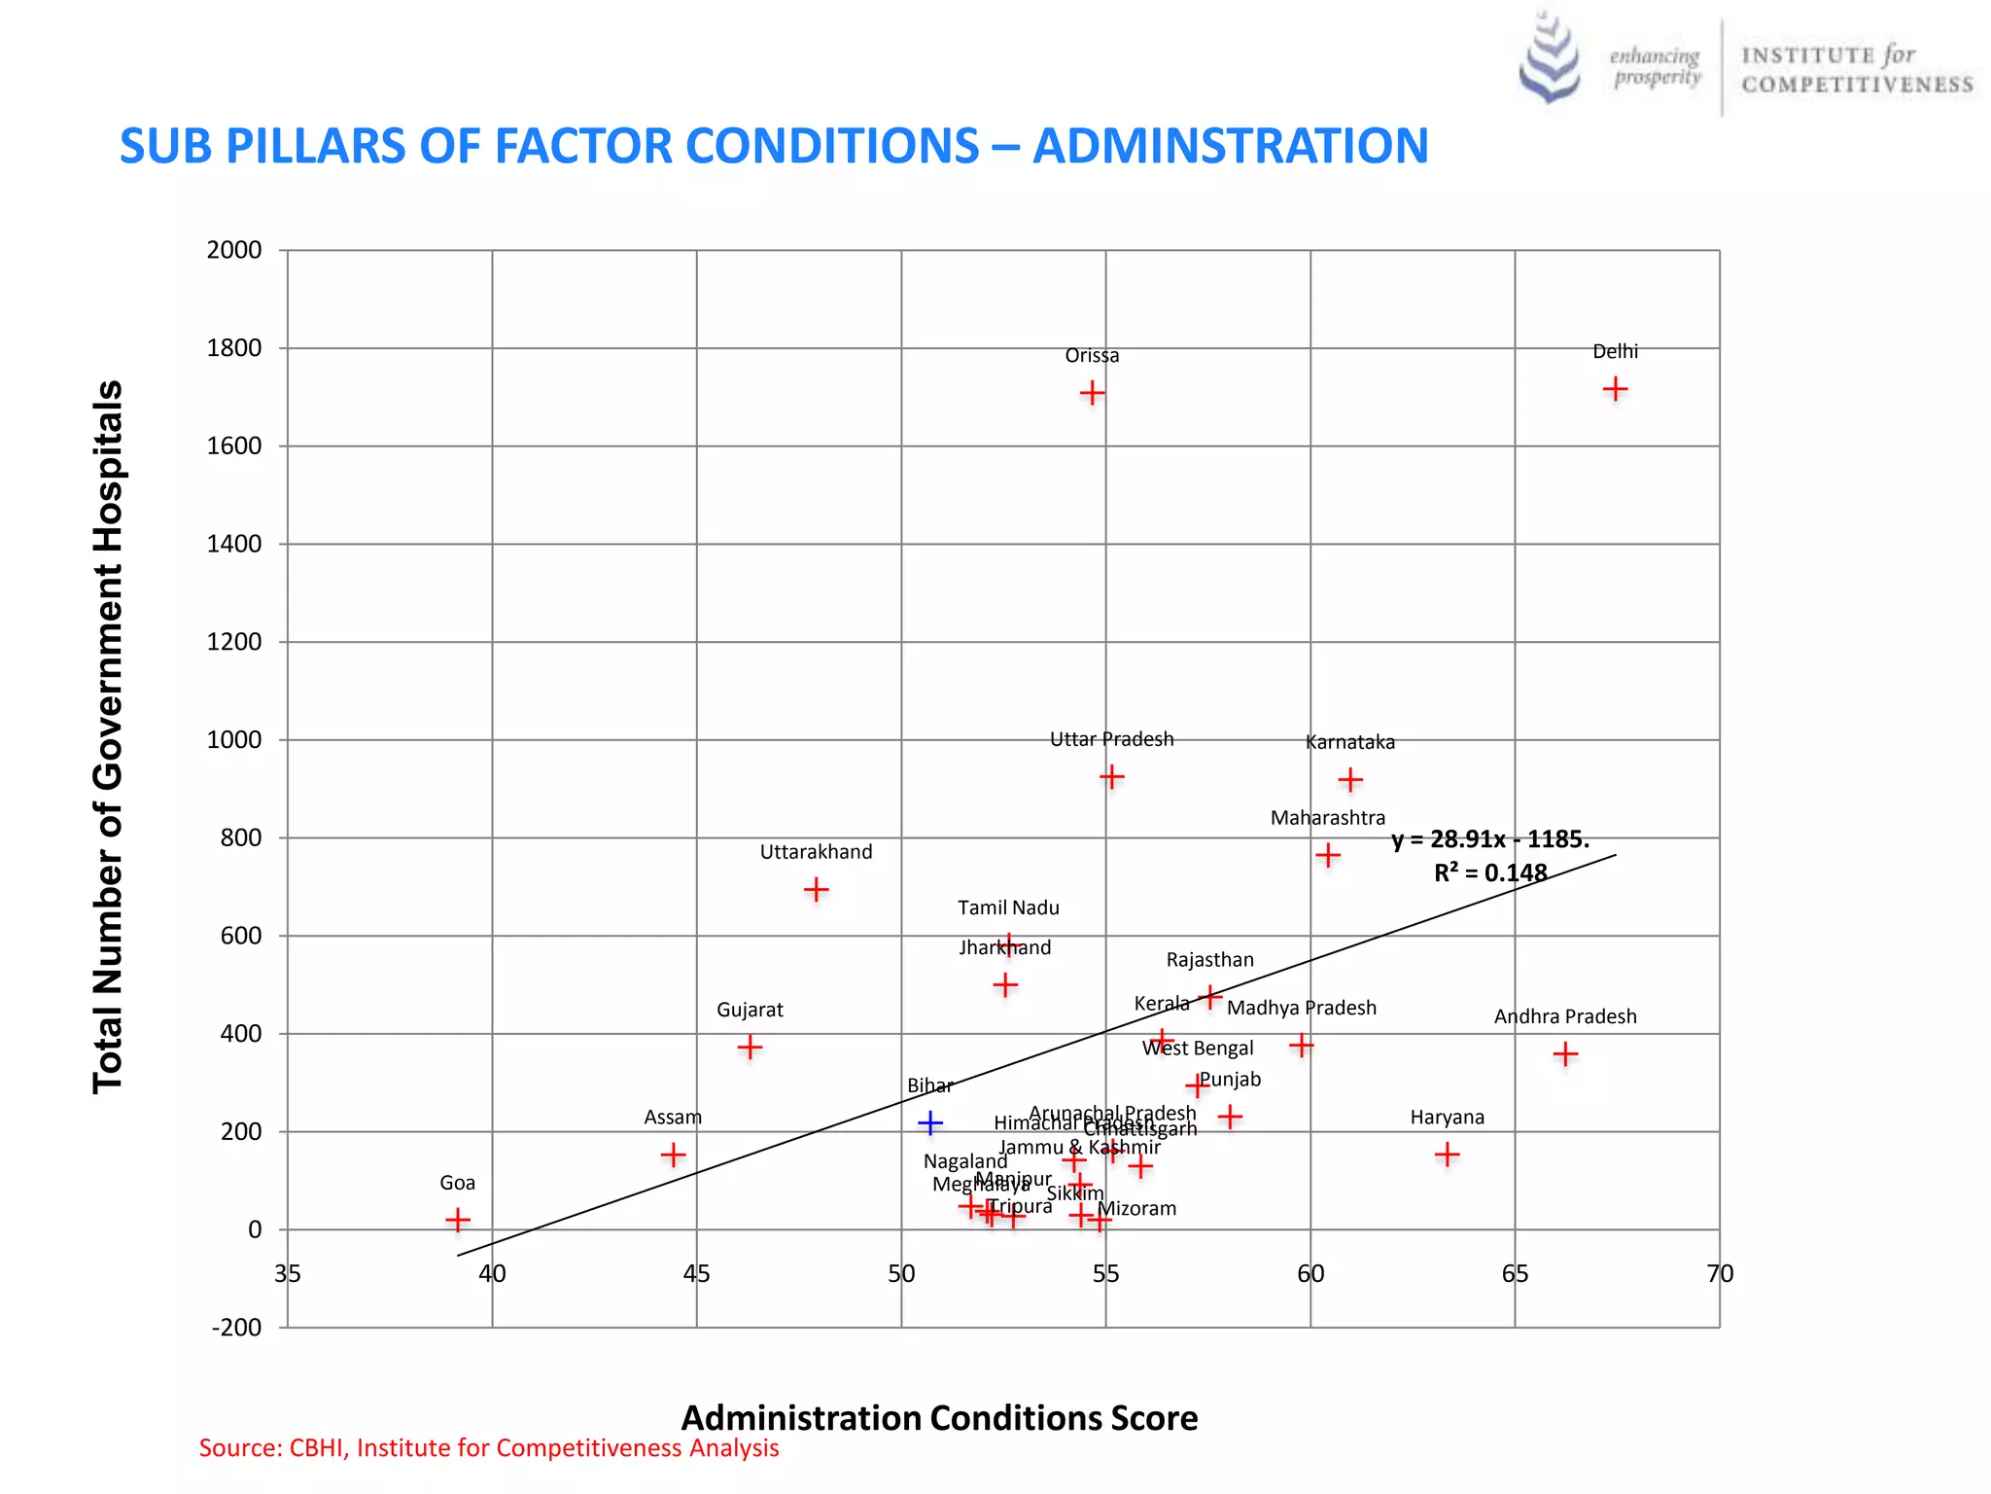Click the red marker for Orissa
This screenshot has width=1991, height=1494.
pos(1092,393)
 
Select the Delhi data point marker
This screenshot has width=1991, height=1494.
pos(1615,389)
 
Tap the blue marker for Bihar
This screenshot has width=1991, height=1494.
pos(930,1123)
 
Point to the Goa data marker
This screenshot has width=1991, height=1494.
pos(458,1220)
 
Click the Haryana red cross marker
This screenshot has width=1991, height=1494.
pos(1447,1155)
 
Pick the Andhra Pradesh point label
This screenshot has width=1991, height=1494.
pos(1565,1016)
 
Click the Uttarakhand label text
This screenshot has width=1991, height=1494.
pos(816,852)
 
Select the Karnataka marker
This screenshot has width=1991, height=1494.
pos(1349,780)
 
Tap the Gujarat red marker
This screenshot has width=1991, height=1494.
pos(750,1048)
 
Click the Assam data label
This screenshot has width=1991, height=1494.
pos(673,1118)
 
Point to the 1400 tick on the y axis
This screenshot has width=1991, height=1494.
pos(234,545)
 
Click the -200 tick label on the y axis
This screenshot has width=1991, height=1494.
pos(236,1328)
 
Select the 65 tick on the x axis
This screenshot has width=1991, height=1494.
pos(1515,1274)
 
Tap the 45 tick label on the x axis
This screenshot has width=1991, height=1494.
pos(696,1274)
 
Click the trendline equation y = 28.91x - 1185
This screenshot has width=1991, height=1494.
pos(1489,839)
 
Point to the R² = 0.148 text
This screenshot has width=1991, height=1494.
pos(1489,872)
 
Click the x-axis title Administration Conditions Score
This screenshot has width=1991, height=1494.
pos(939,1418)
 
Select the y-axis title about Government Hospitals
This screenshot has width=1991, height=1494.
pos(108,736)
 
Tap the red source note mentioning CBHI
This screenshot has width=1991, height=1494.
pos(489,1448)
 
